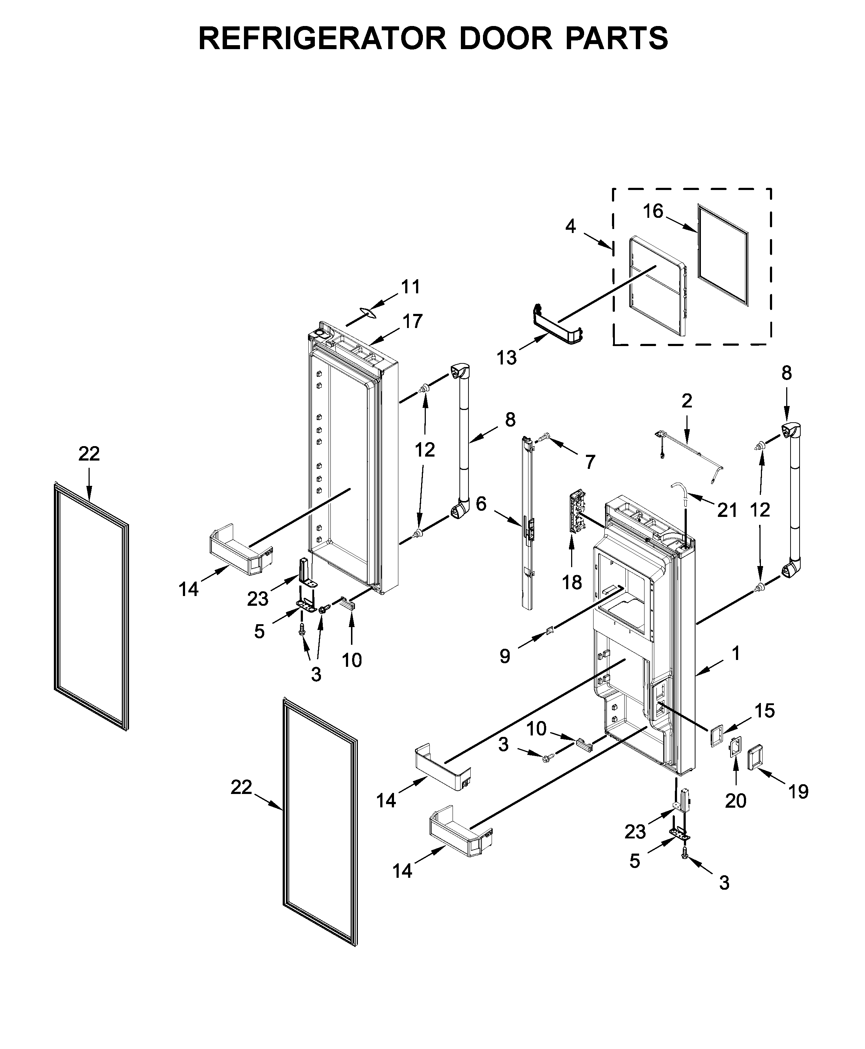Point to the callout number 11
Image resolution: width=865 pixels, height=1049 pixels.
tap(411, 287)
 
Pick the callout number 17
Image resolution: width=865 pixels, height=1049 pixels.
tap(412, 321)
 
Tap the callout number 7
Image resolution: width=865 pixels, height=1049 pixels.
tap(590, 462)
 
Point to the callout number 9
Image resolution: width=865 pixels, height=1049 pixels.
tap(505, 656)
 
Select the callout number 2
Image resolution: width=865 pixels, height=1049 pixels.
tap(687, 401)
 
